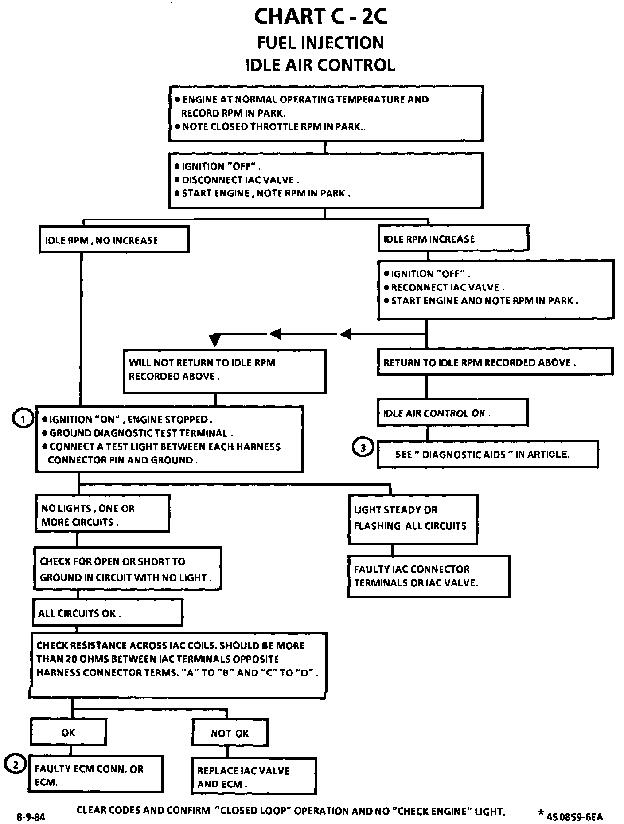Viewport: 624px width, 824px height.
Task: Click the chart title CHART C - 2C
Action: click(320, 17)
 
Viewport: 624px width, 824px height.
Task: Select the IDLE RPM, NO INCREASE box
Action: click(114, 239)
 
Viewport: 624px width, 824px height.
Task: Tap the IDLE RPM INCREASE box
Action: click(453, 238)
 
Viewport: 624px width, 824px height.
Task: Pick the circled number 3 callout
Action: click(363, 448)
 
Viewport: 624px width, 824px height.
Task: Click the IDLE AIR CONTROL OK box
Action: click(452, 412)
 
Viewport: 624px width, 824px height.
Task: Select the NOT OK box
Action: click(230, 733)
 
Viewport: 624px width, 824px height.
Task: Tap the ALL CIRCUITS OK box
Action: click(107, 613)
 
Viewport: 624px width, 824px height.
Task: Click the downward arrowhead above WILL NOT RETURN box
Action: click(214, 340)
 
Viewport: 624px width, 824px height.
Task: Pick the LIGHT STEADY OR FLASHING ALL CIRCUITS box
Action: click(413, 519)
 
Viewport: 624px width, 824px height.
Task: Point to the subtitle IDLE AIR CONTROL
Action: click(320, 64)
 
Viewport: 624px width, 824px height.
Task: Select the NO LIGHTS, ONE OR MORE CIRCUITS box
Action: click(102, 514)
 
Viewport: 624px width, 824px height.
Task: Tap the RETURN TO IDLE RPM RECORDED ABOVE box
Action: click(495, 362)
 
